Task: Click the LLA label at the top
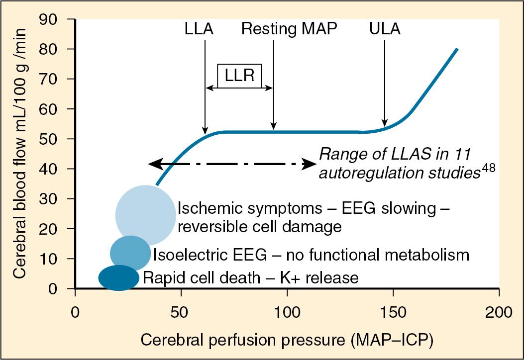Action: pos(199,29)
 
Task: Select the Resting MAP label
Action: pos(289,29)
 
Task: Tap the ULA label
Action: pos(385,29)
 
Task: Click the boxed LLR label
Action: pos(240,76)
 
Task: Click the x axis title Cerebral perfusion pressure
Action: pos(287,341)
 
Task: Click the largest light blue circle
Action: pos(145,215)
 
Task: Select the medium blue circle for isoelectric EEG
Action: pos(130,253)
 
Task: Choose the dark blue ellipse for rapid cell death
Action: pos(119,277)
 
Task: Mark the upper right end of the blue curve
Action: pos(457,49)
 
